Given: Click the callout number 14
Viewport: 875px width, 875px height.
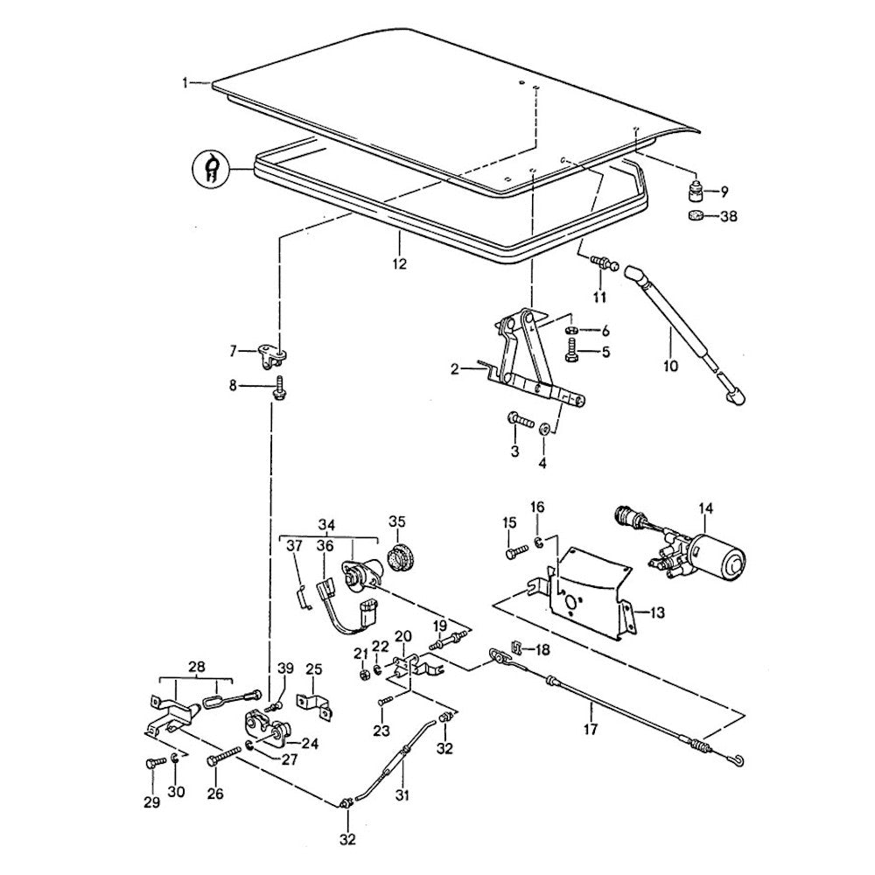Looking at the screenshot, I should [706, 508].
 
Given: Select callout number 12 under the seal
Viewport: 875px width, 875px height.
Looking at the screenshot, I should [399, 262].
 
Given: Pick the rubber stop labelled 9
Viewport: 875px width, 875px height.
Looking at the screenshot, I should [696, 191].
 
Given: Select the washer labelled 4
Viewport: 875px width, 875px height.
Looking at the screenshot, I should [545, 430].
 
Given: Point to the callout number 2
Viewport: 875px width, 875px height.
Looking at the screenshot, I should [455, 370].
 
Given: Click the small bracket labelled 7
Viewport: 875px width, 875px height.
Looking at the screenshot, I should [271, 355].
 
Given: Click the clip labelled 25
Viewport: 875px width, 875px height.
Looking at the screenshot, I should [315, 704].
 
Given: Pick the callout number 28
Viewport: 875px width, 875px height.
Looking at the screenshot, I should [195, 667].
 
